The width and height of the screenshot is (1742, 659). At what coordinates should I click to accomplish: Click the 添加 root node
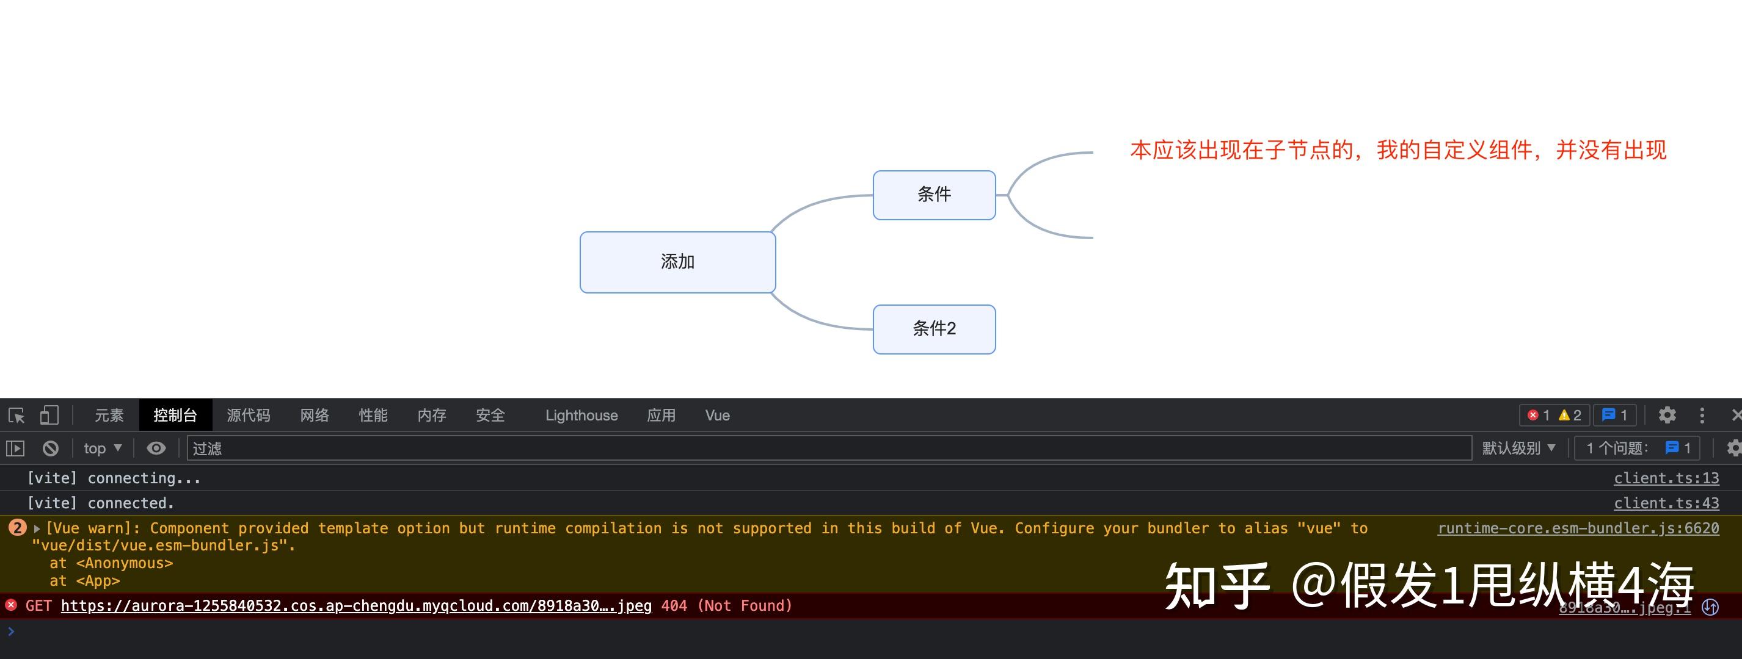click(x=677, y=262)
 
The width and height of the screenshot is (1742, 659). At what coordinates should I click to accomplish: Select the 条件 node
click(x=934, y=195)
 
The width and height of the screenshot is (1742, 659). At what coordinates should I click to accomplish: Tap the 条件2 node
click(x=934, y=329)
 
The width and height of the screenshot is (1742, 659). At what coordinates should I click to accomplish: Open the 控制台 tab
click(x=175, y=415)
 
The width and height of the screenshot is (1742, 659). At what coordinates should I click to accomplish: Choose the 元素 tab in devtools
click(x=109, y=415)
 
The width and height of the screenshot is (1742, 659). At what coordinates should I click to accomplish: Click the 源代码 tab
click(x=248, y=415)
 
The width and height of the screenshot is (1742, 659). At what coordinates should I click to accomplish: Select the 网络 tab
click(x=315, y=415)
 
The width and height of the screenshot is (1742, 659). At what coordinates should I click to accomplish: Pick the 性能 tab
click(x=373, y=415)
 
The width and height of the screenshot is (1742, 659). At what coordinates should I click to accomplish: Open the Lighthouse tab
click(x=581, y=415)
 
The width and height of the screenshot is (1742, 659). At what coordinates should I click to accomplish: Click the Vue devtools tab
click(x=718, y=415)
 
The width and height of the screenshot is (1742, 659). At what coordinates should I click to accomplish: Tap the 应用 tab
click(x=661, y=415)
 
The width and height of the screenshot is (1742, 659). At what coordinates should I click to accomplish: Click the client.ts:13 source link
click(x=1666, y=478)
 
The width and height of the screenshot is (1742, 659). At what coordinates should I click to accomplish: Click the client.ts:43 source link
click(x=1666, y=503)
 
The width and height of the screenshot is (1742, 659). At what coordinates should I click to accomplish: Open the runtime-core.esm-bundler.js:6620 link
click(x=1578, y=528)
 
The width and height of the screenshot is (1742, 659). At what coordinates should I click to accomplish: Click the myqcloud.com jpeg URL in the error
click(x=355, y=605)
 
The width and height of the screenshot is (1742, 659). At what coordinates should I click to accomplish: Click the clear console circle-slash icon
click(x=51, y=448)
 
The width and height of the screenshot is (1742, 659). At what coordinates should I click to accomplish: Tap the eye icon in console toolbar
click(x=156, y=448)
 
